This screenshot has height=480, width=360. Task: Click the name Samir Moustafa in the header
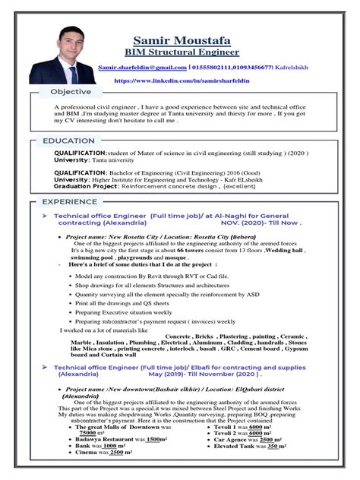pos(191,40)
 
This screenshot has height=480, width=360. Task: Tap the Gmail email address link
pos(143,68)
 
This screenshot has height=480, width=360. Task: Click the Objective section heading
pos(71,92)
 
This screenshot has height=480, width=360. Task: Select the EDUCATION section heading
pos(68,141)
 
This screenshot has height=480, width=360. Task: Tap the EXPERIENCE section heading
pos(70,202)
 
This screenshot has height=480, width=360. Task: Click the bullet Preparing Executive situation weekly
pos(124,312)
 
